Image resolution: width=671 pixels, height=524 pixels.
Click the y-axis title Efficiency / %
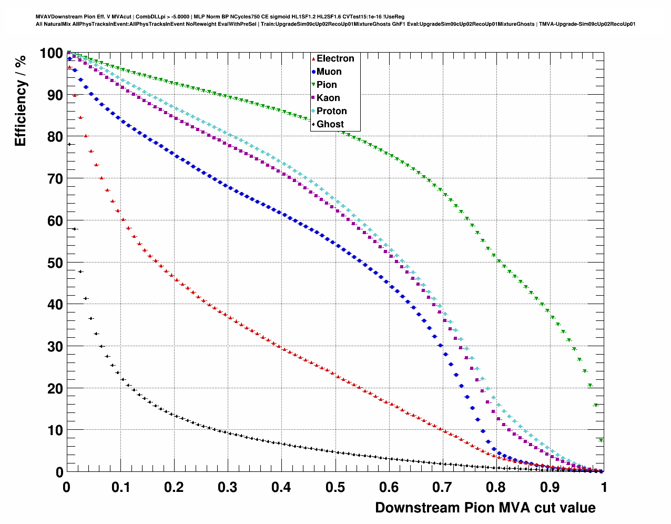tap(20, 100)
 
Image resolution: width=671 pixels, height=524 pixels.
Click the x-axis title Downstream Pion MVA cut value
tap(485, 508)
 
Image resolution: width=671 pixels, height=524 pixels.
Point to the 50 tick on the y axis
tap(52, 263)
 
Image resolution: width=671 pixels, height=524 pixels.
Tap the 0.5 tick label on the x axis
tap(335, 487)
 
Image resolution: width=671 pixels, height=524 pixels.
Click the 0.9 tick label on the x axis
tap(550, 487)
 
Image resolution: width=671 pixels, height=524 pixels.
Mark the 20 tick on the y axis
tap(52, 388)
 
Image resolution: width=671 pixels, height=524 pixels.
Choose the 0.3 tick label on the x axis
tap(228, 487)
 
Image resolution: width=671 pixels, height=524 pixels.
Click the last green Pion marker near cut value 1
tap(601, 440)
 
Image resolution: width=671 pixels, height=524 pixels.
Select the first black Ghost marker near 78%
tap(69, 144)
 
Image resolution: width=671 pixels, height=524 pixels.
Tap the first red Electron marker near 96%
tap(69, 67)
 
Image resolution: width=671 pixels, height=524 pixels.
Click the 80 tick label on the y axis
tap(52, 137)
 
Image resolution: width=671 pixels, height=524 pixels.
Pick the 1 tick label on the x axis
tap(604, 487)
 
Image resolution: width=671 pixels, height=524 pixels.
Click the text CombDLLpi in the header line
tap(152, 16)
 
